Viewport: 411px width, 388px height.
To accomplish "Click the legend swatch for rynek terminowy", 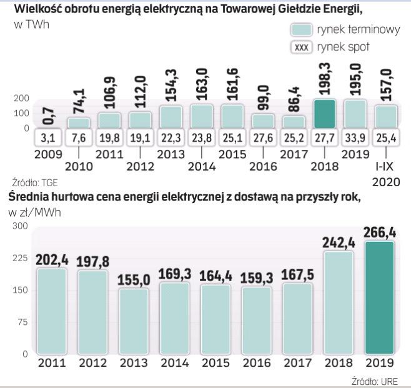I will pyautogui.click(x=302, y=30).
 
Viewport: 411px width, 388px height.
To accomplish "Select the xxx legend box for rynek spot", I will pyautogui.click(x=302, y=47).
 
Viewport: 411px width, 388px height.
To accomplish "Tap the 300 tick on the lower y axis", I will pyautogui.click(x=21, y=226).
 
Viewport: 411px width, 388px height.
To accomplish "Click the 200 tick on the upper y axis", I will pyautogui.click(x=21, y=98).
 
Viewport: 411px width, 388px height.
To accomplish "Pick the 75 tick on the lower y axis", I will pyautogui.click(x=24, y=322).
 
